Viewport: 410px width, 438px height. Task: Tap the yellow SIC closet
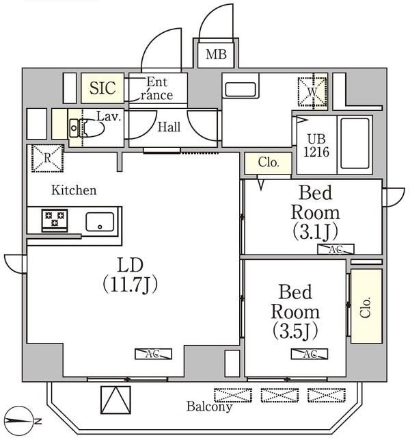pyautogui.click(x=103, y=88)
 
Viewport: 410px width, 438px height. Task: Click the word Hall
pyautogui.click(x=169, y=127)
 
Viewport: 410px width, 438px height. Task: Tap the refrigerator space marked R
pyautogui.click(x=46, y=158)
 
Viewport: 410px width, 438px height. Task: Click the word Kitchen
pyautogui.click(x=73, y=190)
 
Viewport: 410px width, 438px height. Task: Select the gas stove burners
pyautogui.click(x=53, y=220)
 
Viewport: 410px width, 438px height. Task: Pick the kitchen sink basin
pyautogui.click(x=100, y=221)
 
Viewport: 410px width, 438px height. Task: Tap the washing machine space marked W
pyautogui.click(x=312, y=90)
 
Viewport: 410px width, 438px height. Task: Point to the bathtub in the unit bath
pyautogui.click(x=355, y=142)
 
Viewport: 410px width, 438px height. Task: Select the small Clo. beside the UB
pyautogui.click(x=269, y=163)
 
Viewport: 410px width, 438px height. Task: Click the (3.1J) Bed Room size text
pyautogui.click(x=314, y=229)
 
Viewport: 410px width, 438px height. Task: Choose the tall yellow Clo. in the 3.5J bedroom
pyautogui.click(x=366, y=305)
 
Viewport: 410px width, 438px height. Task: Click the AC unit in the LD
pyautogui.click(x=153, y=354)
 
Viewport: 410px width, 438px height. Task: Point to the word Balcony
pyautogui.click(x=209, y=407)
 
